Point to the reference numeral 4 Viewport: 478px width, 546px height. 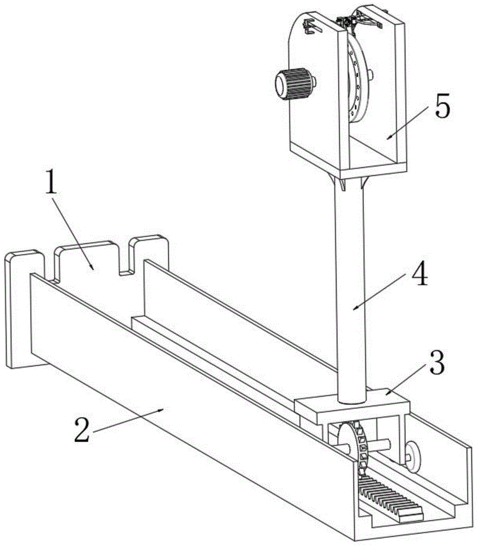point(418,277)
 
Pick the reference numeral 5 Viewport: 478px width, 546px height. point(442,108)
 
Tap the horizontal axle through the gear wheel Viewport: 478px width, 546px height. point(382,445)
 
